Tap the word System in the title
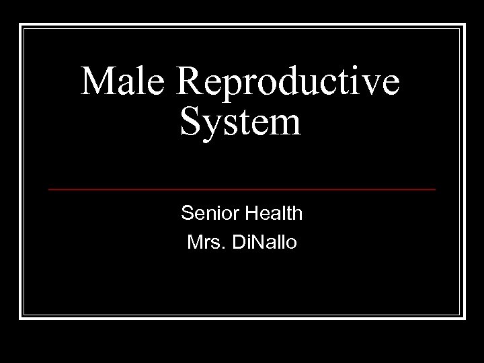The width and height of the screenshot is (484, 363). point(241,123)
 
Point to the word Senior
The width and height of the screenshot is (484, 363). point(205,214)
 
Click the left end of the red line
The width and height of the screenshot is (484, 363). point(49,190)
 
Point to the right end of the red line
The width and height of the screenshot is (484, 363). point(435,190)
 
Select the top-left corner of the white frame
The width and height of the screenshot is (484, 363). point(20,25)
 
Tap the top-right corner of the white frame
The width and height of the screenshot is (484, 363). point(465,25)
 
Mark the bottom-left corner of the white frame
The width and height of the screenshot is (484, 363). point(20,317)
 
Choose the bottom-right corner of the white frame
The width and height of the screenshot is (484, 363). point(465,317)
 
